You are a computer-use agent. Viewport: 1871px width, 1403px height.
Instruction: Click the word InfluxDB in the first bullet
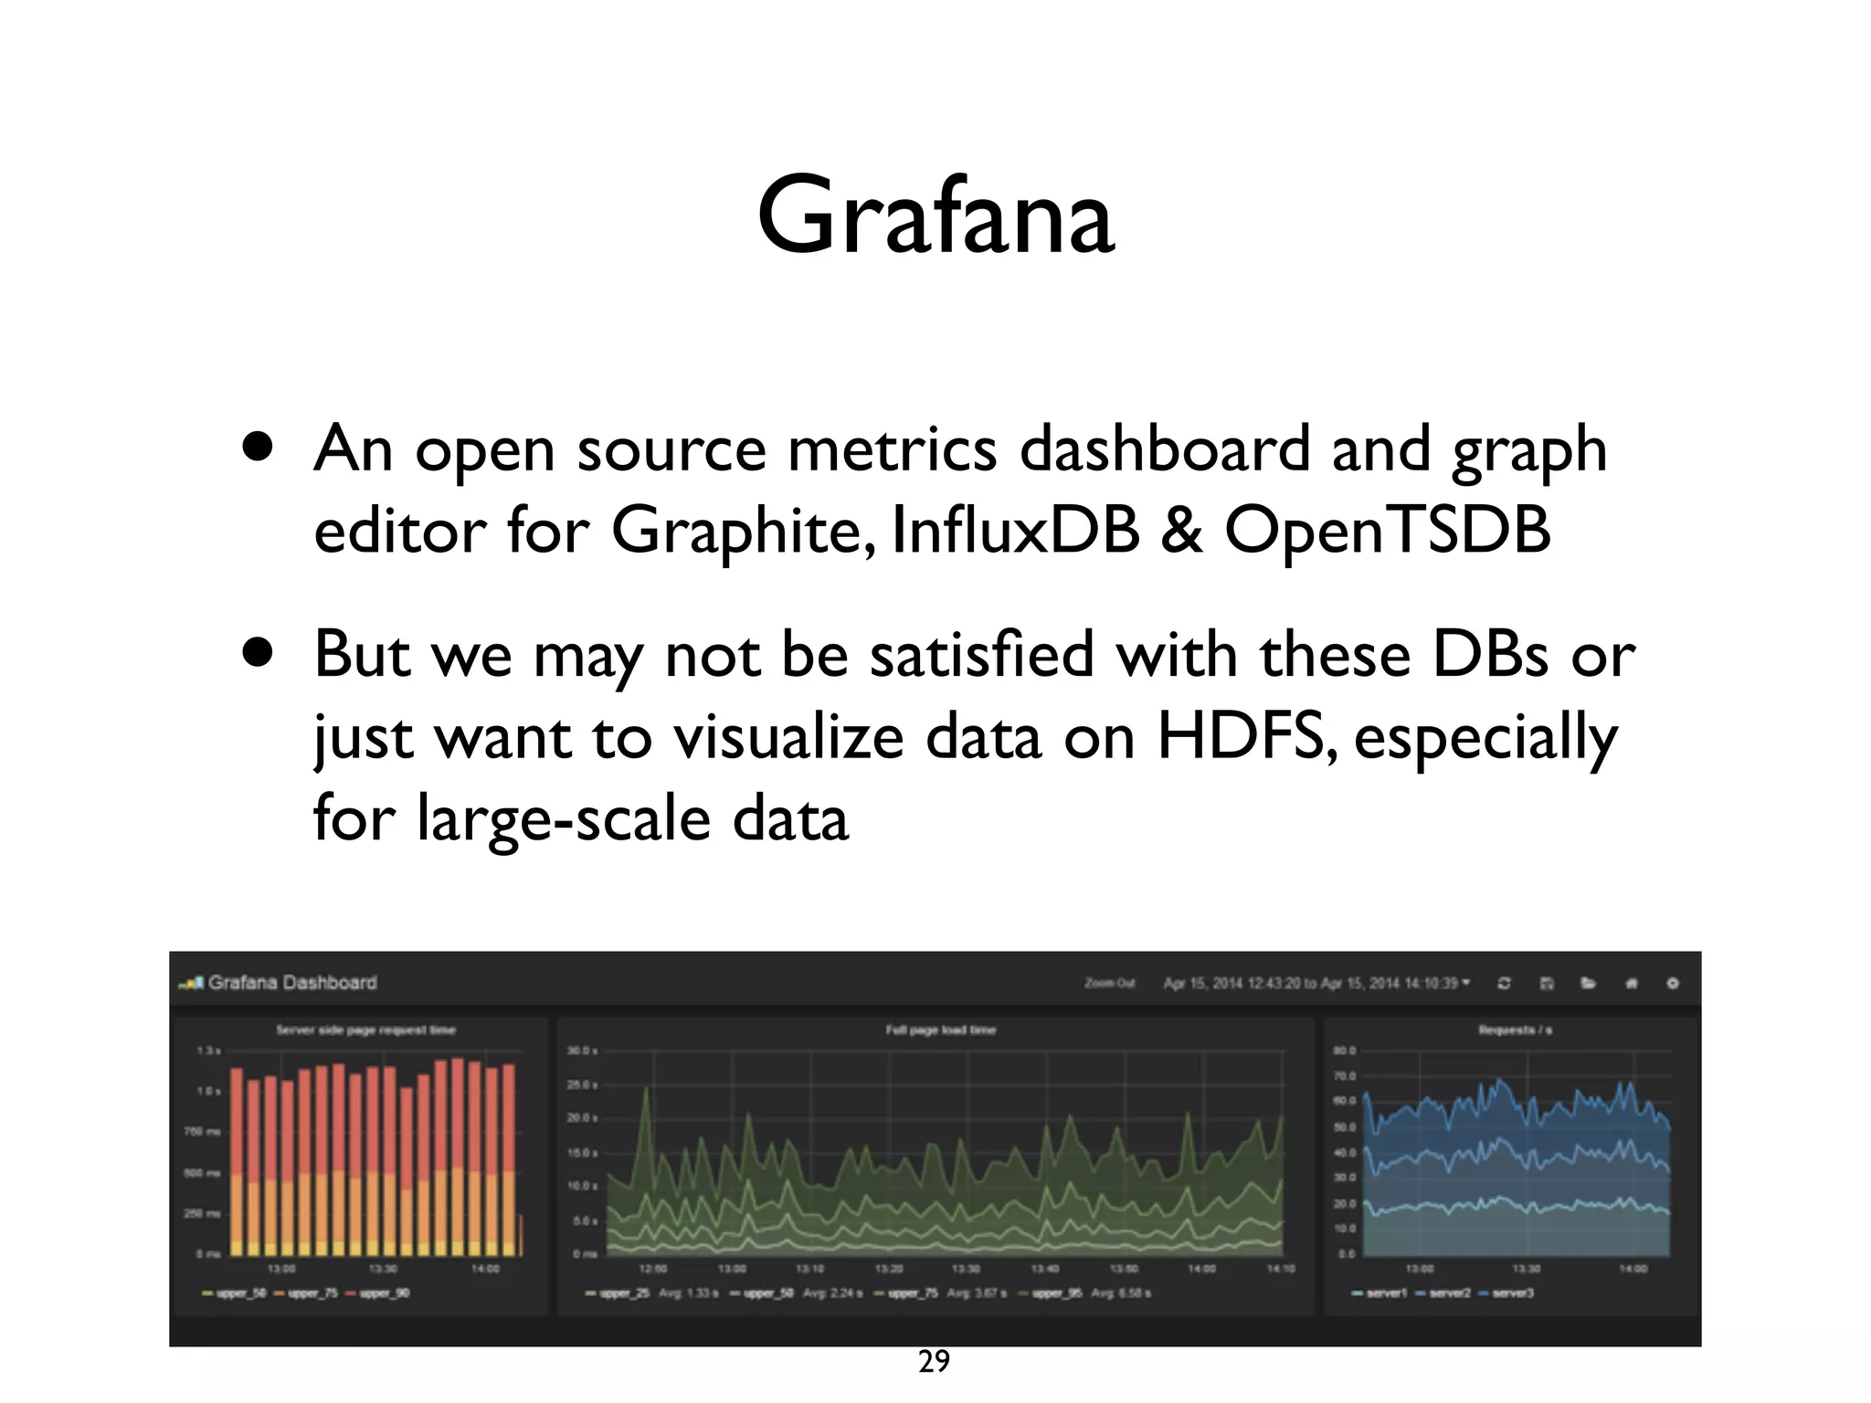click(1015, 530)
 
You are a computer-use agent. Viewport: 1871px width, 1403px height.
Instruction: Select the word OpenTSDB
click(1387, 530)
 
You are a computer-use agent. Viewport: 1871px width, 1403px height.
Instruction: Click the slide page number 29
click(934, 1362)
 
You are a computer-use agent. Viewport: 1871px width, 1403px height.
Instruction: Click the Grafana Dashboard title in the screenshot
click(291, 983)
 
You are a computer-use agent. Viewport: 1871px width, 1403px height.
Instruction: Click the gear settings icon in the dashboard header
click(1673, 984)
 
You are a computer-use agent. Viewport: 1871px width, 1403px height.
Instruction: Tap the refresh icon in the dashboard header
click(1504, 984)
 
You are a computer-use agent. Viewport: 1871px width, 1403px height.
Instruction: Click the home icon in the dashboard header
click(1632, 984)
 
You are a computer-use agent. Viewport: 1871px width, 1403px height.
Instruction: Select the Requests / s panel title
click(1515, 1030)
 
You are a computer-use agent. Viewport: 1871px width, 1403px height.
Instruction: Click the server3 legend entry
click(1512, 1293)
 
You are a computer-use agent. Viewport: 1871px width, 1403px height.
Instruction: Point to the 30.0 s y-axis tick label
click(582, 1051)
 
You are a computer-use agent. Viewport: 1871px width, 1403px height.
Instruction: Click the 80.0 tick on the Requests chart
click(1345, 1051)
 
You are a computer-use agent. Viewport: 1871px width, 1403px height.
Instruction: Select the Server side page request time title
click(365, 1030)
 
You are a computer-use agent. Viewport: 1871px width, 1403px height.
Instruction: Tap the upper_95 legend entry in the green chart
click(1056, 1293)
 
